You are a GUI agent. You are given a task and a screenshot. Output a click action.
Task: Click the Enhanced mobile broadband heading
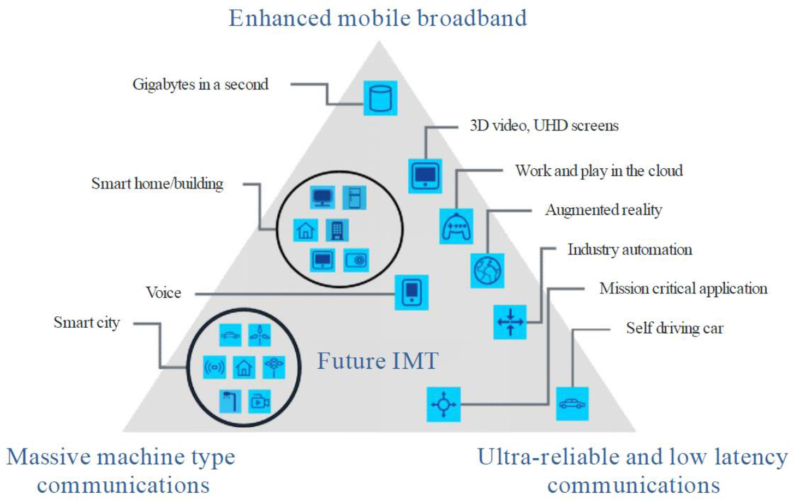coord(378,18)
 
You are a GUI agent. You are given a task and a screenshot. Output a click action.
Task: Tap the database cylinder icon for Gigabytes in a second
coord(380,98)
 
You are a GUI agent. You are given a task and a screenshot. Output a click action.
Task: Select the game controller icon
coord(456,226)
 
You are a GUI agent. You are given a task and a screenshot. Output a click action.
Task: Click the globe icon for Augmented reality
coord(487,270)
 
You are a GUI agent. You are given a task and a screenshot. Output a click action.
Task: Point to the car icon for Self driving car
coord(572,404)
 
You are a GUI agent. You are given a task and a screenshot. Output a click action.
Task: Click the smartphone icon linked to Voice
coord(411,293)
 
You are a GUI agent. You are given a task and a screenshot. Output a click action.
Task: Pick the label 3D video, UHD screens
coord(544,126)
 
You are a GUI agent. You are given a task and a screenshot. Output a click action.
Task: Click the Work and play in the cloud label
coord(599,171)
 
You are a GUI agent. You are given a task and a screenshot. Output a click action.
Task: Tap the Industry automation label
coord(629,250)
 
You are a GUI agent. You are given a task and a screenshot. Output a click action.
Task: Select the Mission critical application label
coord(683,288)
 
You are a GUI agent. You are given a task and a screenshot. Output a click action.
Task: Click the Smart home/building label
coord(157,184)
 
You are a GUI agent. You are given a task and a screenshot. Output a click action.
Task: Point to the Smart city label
coord(87,322)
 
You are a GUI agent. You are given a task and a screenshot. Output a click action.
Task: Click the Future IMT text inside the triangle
coord(378,361)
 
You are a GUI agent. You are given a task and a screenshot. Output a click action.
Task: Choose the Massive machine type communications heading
coord(121,470)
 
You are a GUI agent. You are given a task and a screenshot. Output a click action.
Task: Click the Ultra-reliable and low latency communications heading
coord(632,470)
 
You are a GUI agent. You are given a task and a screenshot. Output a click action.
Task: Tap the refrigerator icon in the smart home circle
coord(354,198)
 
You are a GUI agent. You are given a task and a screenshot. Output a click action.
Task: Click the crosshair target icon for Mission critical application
coord(443,405)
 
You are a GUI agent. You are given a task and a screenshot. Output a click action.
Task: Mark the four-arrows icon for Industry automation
coord(510,322)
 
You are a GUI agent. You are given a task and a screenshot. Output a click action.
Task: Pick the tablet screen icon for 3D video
coord(425,176)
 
